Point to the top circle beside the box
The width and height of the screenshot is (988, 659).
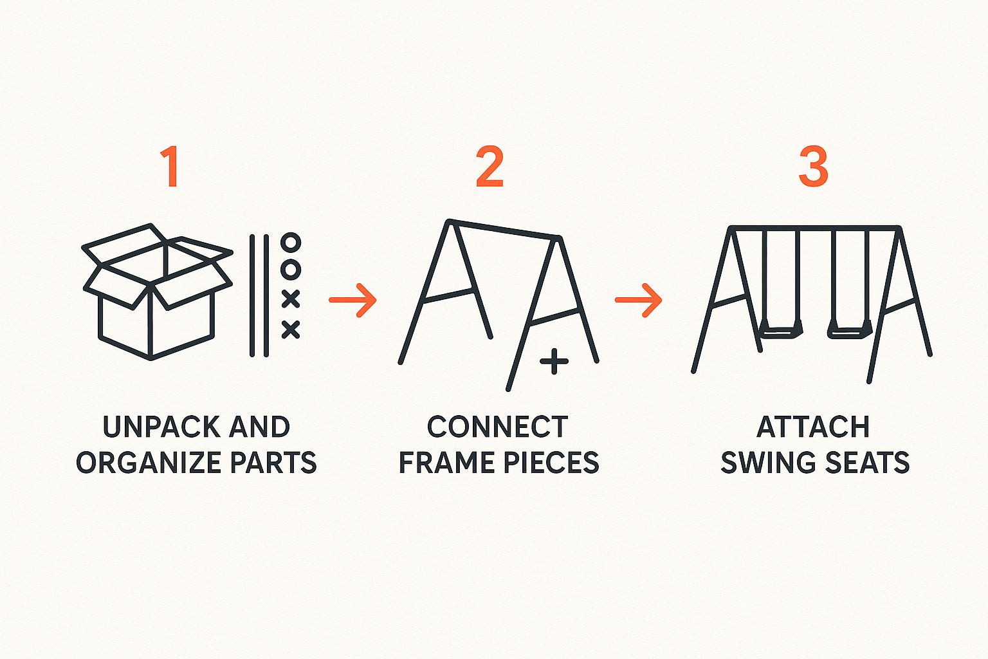(291, 243)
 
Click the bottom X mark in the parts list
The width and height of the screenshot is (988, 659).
(291, 329)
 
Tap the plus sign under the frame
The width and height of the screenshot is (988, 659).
(554, 361)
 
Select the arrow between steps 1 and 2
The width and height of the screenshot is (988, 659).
(352, 300)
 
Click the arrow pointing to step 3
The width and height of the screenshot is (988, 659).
(638, 300)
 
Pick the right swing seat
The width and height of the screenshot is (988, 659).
(850, 331)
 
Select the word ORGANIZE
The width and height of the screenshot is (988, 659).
(149, 462)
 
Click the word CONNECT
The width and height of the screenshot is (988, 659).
(497, 427)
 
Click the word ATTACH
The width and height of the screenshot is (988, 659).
(813, 427)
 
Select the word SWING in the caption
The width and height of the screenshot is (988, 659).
(767, 462)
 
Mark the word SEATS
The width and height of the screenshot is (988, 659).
(866, 462)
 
